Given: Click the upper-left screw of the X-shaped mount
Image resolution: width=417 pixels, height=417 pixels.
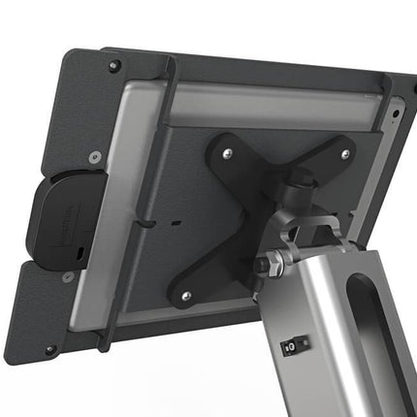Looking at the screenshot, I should pyautogui.click(x=226, y=152).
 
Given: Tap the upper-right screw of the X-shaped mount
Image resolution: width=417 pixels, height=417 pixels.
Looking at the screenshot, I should pyautogui.click(x=345, y=153).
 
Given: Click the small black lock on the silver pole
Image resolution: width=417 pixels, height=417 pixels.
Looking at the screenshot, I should pyautogui.click(x=289, y=345).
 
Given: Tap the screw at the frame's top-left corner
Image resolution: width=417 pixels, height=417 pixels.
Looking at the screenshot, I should pyautogui.click(x=114, y=67).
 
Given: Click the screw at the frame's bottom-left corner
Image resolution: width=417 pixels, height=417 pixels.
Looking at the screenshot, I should pyautogui.click(x=51, y=349).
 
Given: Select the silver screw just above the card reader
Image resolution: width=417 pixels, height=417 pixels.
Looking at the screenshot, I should pyautogui.click(x=95, y=156).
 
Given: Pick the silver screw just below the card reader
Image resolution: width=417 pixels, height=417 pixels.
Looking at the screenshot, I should pyautogui.click(x=68, y=278).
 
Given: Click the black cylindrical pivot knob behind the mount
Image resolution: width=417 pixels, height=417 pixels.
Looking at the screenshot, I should pyautogui.click(x=301, y=179).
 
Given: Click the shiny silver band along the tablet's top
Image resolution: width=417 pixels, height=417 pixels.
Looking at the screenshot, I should pyautogui.click(x=272, y=101).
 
